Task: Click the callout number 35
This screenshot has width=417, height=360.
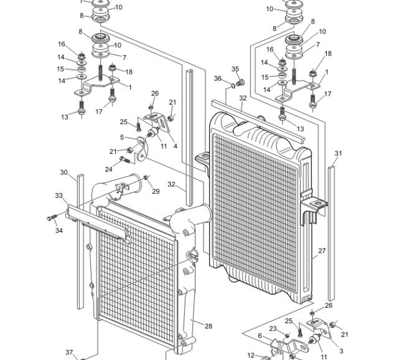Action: [235, 69]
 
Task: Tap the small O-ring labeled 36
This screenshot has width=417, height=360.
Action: [233, 86]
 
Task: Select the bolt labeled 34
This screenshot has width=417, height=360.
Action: [52, 217]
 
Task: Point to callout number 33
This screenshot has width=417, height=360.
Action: [59, 196]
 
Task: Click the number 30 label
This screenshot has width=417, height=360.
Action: [64, 173]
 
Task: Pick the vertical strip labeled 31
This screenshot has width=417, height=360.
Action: [331, 234]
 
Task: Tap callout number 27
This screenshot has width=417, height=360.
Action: [322, 250]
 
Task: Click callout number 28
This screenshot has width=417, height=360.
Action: [208, 326]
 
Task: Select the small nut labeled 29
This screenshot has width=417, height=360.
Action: [146, 178]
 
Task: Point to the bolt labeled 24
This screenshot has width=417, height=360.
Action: [124, 159]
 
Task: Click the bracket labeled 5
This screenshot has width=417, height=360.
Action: [142, 149]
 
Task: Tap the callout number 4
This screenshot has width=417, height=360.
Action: [176, 146]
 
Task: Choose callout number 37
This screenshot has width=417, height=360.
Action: [69, 353]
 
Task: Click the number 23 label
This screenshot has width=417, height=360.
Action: [273, 329]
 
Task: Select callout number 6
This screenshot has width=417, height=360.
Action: [260, 336]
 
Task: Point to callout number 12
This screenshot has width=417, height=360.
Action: [251, 355]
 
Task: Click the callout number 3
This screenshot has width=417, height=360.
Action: [342, 351]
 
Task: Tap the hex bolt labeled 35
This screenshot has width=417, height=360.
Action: [241, 82]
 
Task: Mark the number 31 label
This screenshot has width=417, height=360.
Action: [338, 153]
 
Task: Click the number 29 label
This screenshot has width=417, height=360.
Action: [156, 191]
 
